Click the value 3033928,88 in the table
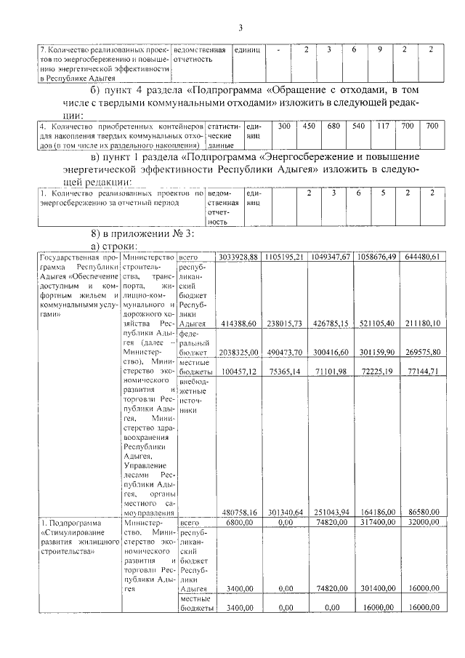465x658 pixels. (x=238, y=257)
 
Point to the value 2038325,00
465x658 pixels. (x=238, y=352)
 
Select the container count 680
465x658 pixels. (x=333, y=126)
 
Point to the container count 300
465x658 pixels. (x=284, y=126)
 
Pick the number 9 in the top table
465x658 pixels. (x=380, y=49)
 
